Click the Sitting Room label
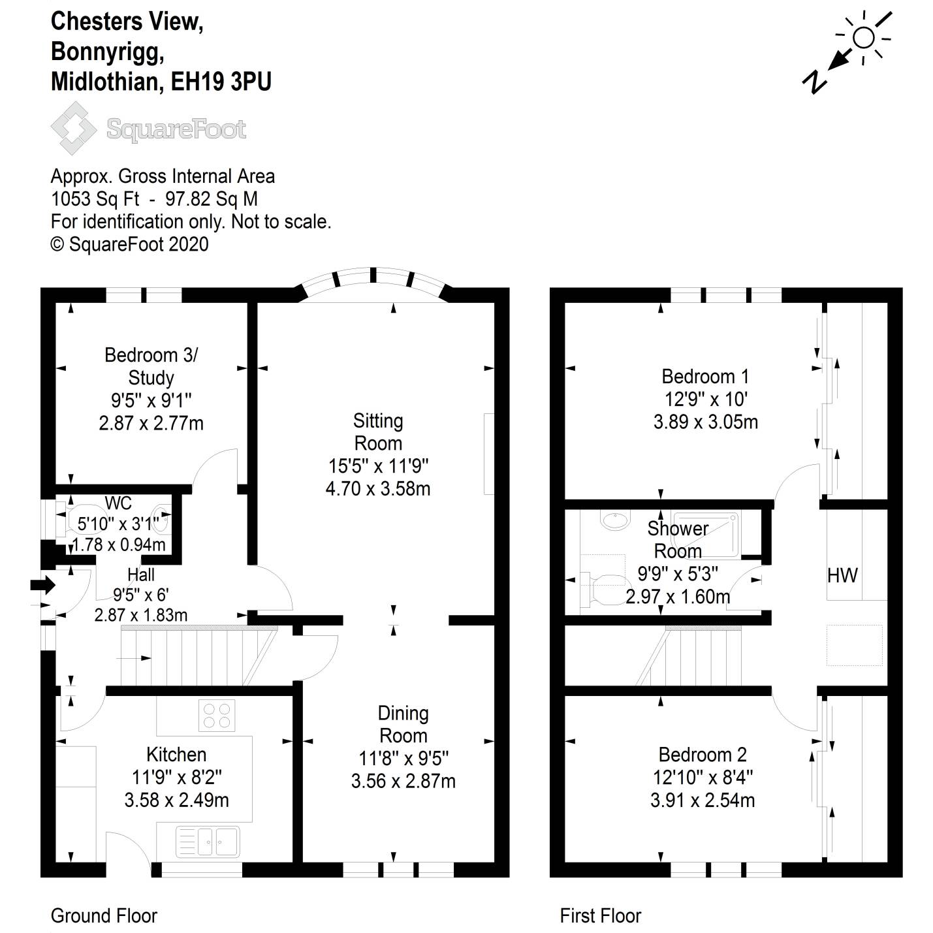tap(378, 432)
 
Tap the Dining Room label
tap(403, 724)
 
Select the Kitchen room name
tap(176, 755)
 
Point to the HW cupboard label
tap(842, 575)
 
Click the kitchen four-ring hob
tap(217, 715)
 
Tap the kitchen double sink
tap(208, 842)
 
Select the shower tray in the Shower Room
tap(706, 534)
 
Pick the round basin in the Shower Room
tap(613, 520)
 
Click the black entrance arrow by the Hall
tap(43, 584)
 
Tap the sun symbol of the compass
tap(864, 38)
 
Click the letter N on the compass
tap(814, 82)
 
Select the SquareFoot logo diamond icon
tap(74, 128)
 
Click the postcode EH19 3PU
tap(221, 82)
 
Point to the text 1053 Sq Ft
tap(95, 199)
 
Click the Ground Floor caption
tap(104, 915)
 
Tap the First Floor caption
tap(601, 915)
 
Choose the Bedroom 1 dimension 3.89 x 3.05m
tap(705, 422)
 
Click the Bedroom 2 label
tap(703, 755)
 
